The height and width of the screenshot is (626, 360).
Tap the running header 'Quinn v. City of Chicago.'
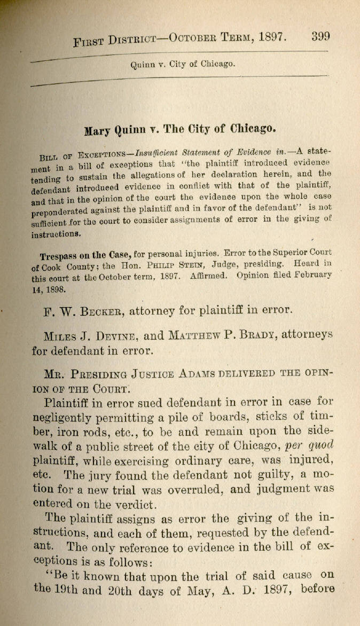point(182,64)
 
